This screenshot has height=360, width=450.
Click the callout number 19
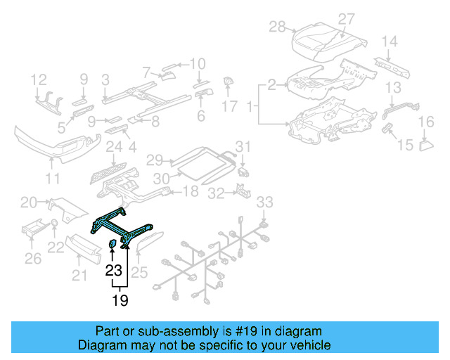coord(120,301)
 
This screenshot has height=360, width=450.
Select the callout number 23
coord(113,269)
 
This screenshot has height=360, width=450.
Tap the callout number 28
coord(277,27)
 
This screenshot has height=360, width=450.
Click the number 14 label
coord(389,41)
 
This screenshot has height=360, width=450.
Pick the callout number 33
coord(263,203)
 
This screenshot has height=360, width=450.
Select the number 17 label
coord(230,106)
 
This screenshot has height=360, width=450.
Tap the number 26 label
coord(33,259)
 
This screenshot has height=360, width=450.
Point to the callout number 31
coord(243,146)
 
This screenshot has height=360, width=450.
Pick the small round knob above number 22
coord(53,225)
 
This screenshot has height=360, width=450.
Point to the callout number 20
coord(28,202)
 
